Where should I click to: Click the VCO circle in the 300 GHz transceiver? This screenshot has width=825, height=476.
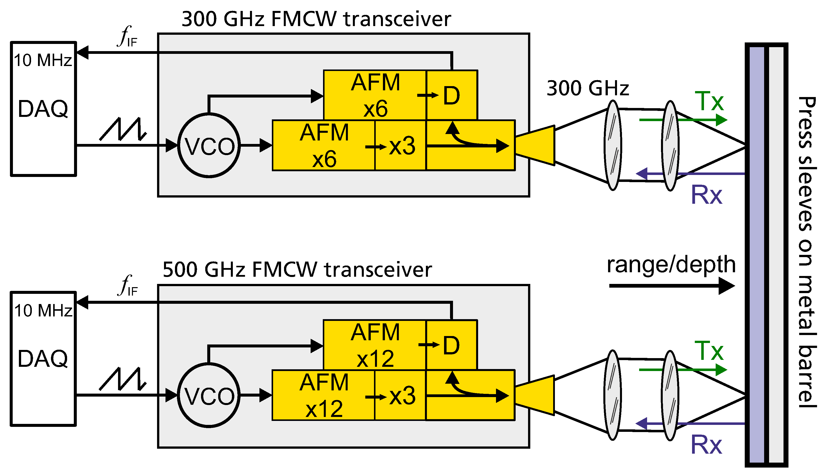209,145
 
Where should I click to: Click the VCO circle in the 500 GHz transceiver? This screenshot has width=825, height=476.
209,395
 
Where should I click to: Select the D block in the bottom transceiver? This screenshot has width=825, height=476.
452,345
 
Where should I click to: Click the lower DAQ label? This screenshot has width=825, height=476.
43,359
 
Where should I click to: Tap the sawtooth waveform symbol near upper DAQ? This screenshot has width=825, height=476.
123,129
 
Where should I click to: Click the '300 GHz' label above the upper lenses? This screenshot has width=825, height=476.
588,88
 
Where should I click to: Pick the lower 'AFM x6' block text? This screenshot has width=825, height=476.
324,145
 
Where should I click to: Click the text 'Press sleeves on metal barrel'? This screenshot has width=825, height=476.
806,252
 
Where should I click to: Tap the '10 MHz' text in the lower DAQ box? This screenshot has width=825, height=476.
43,310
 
